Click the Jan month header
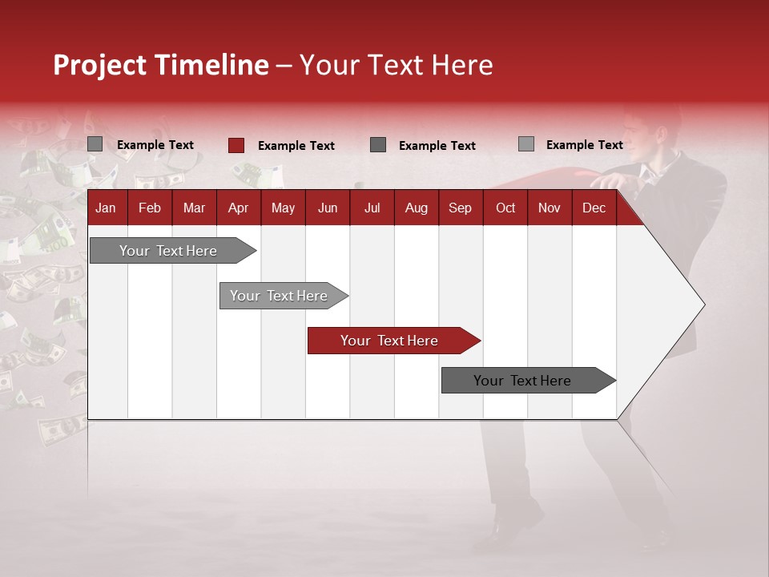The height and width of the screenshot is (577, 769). click(106, 208)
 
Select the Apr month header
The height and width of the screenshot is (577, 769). click(238, 208)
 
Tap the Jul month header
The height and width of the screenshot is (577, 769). click(372, 208)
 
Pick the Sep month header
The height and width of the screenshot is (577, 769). click(460, 208)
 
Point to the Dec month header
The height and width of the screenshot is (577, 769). click(594, 208)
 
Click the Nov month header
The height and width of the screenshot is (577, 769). click(549, 208)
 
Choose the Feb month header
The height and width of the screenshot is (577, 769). click(150, 208)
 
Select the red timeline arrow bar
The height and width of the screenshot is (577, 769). click(393, 341)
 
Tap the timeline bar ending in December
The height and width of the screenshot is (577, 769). click(525, 381)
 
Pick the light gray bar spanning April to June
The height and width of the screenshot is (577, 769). click(280, 296)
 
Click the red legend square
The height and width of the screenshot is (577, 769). click(236, 145)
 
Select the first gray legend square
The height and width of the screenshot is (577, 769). click(95, 144)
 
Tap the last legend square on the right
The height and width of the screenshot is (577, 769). click(525, 144)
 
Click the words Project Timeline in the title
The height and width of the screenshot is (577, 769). click(160, 65)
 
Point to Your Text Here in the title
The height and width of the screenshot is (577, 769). click(397, 65)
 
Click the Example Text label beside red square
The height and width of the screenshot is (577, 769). click(296, 146)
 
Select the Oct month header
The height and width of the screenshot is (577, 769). click(505, 208)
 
